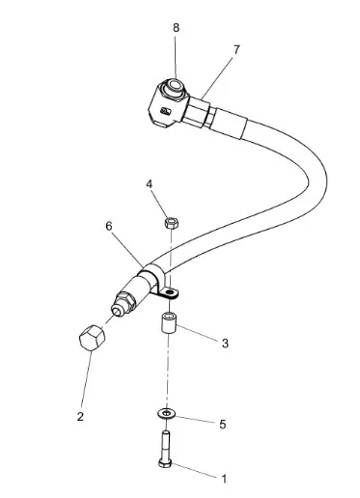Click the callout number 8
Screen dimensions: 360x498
point(176,28)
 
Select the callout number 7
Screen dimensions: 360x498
point(236,50)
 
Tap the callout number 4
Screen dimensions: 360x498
point(150,184)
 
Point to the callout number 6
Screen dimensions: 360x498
point(109,227)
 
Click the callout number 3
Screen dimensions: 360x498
point(225,344)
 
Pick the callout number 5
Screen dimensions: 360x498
point(223,425)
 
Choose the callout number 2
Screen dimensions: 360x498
point(80,417)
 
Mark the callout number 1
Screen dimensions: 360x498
point(224,479)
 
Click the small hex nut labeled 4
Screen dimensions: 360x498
point(172,223)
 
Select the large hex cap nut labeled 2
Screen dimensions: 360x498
point(92,338)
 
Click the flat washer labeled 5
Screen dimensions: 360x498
point(166,413)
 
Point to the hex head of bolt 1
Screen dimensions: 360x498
point(165,463)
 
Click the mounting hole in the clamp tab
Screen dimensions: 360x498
point(171,292)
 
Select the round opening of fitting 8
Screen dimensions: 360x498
point(176,85)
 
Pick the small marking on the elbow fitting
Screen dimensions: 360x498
point(167,111)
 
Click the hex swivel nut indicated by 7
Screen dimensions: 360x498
point(196,113)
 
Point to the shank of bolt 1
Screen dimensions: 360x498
point(165,445)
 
